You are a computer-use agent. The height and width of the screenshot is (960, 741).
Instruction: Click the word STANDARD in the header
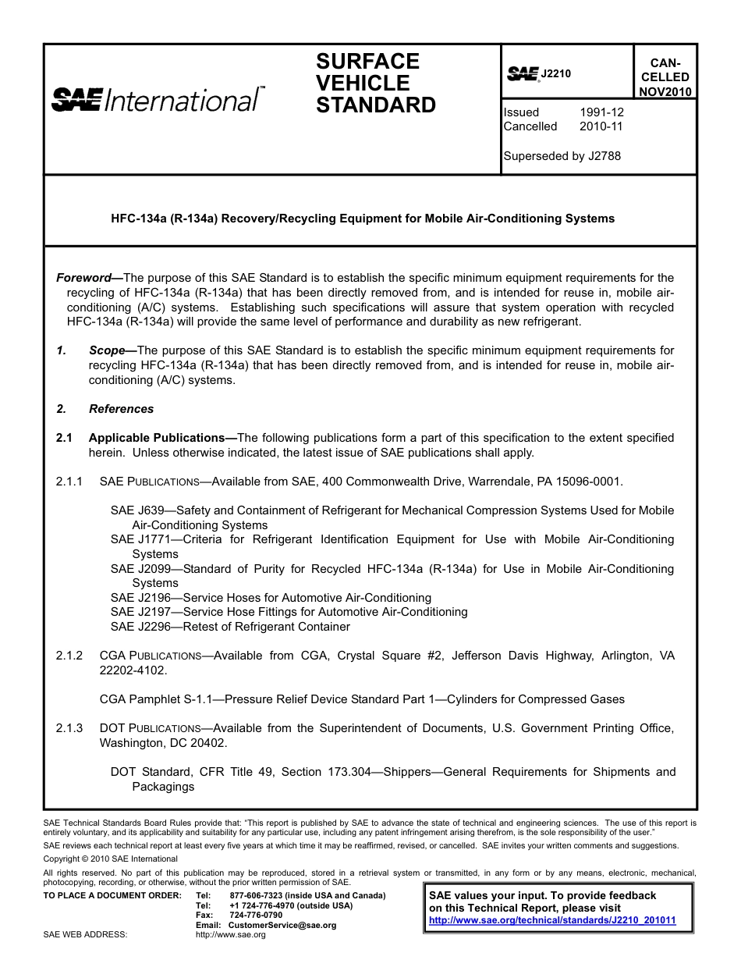pyautogui.click(x=375, y=105)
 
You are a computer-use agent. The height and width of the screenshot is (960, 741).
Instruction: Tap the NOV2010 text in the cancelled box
pyautogui.click(x=665, y=91)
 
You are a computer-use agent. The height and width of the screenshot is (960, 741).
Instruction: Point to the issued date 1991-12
pyautogui.click(x=601, y=112)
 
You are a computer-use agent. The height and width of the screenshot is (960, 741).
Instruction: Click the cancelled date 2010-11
pyautogui.click(x=601, y=126)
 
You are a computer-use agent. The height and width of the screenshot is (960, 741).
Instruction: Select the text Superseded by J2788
pyautogui.click(x=562, y=156)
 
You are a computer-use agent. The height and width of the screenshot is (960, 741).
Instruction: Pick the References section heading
pyautogui.click(x=121, y=409)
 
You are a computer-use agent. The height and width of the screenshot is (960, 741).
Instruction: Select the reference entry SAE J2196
pyautogui.click(x=137, y=598)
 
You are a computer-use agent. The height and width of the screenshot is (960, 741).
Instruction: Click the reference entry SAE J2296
pyautogui.click(x=137, y=627)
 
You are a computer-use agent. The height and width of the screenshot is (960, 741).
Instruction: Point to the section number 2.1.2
pyautogui.click(x=69, y=656)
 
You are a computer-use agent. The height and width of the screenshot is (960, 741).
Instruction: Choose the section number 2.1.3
pyautogui.click(x=69, y=728)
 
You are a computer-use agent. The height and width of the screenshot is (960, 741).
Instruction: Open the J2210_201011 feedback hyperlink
pyautogui.click(x=552, y=920)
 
